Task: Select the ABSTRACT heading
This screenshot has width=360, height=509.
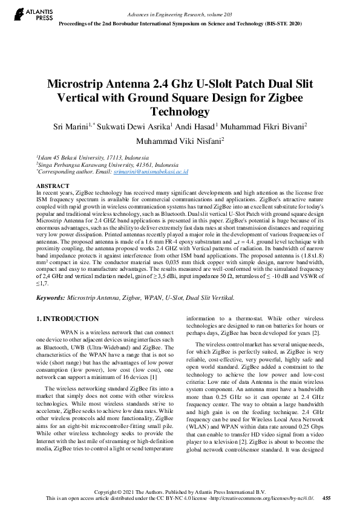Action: click(x=53, y=186)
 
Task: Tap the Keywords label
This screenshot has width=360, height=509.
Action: click(x=50, y=298)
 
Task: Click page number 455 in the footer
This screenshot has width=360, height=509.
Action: click(x=327, y=498)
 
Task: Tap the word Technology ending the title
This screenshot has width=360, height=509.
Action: click(x=180, y=112)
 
